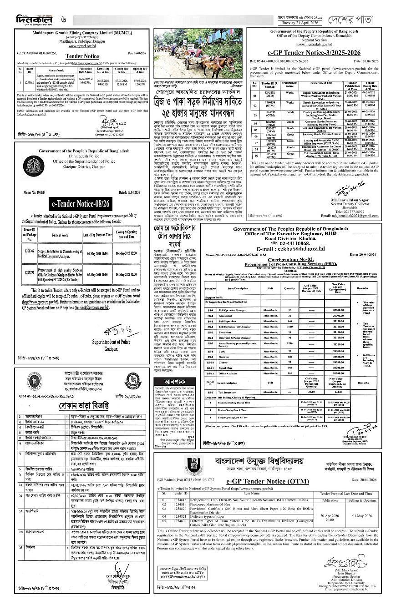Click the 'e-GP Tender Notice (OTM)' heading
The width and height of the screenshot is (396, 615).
[x=277, y=480]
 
